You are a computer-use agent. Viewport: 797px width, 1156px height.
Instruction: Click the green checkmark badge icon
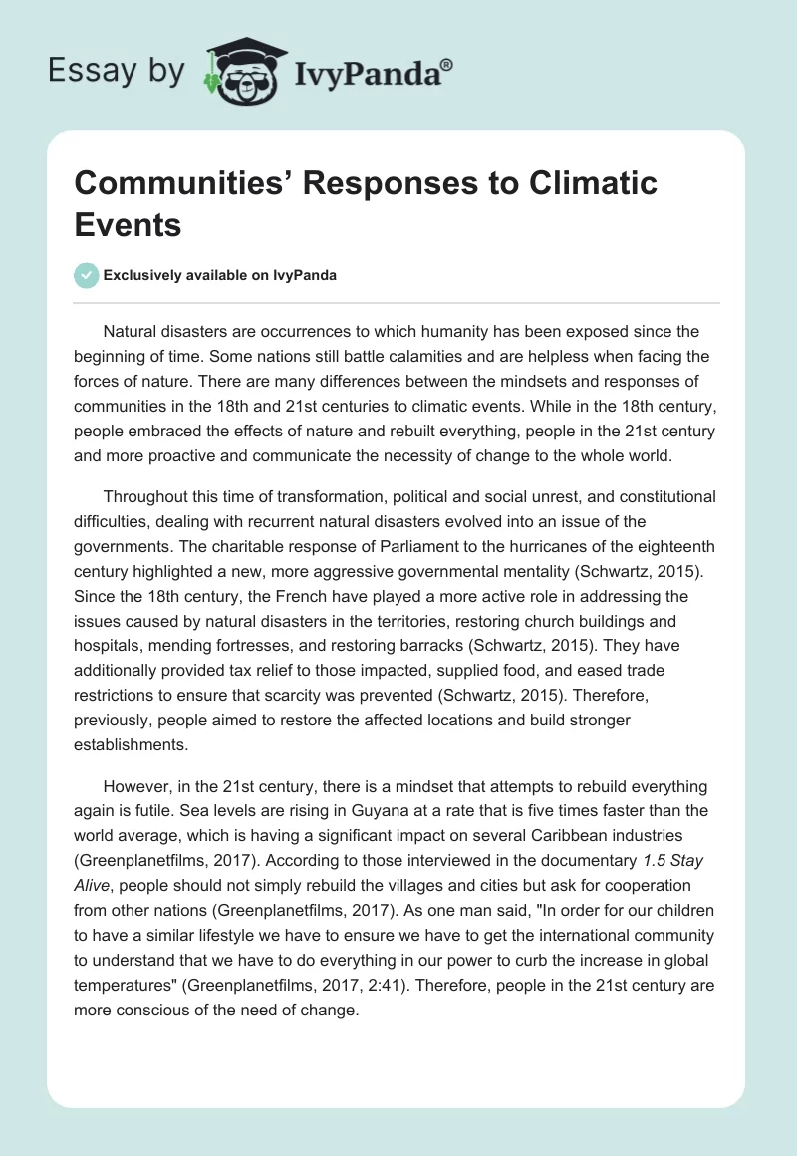tap(88, 275)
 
